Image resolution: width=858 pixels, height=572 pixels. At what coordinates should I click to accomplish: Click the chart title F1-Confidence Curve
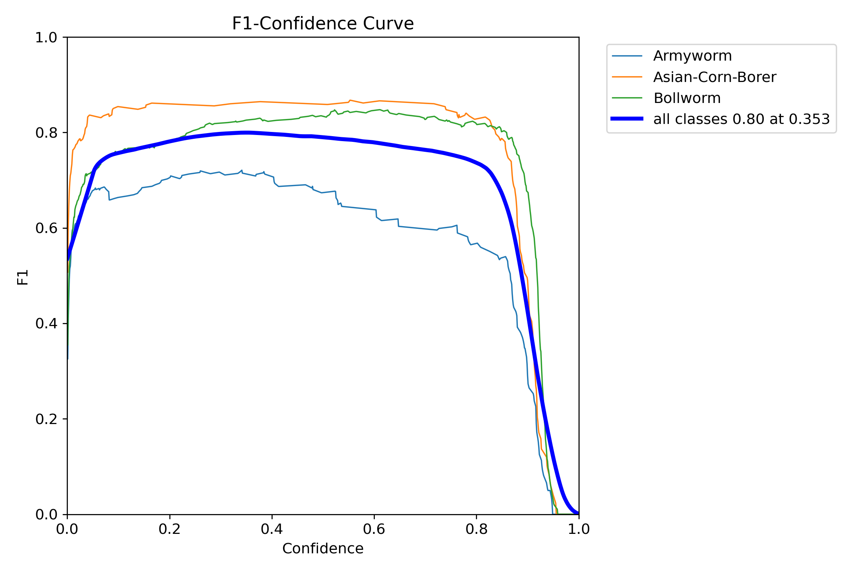tap(323, 24)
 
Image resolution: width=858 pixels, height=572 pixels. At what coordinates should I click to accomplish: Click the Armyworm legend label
tap(692, 56)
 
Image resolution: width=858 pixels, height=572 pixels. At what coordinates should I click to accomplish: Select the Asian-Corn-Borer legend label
tap(714, 77)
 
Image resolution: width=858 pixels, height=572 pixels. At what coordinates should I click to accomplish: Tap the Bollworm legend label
tap(687, 98)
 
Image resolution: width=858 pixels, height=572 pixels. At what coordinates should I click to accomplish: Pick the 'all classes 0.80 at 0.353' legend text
tap(741, 119)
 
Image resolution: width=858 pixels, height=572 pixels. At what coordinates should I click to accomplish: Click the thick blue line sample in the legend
tap(627, 119)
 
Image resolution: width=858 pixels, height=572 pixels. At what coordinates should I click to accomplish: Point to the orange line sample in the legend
tap(627, 77)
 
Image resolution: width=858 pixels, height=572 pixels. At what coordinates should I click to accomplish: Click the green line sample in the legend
tap(627, 98)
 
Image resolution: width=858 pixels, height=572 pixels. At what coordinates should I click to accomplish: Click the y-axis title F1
tap(23, 277)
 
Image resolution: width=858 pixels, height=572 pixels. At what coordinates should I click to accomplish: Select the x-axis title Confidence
tap(323, 549)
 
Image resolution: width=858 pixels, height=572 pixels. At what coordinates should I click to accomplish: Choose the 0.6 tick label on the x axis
tap(374, 529)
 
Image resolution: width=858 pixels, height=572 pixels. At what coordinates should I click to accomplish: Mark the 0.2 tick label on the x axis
tap(170, 529)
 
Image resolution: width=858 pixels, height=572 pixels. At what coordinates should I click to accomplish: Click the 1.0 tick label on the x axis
tap(578, 529)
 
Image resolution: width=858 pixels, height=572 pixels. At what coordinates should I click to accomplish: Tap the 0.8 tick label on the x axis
tap(476, 529)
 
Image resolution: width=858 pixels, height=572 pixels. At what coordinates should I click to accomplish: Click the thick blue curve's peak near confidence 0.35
tap(248, 133)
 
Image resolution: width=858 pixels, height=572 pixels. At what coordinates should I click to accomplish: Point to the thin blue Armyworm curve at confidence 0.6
tap(374, 209)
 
